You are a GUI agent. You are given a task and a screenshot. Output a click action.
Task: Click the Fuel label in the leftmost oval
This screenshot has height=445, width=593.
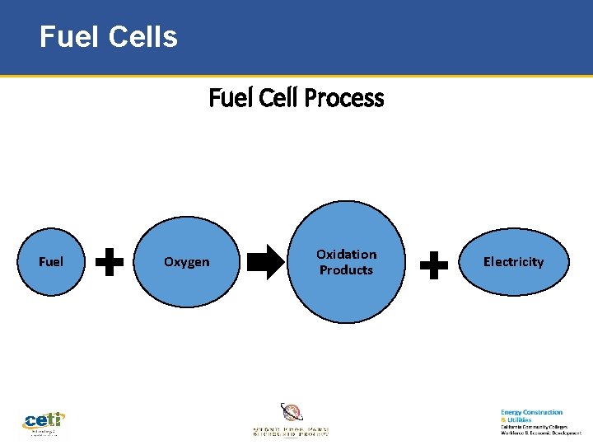tap(51, 262)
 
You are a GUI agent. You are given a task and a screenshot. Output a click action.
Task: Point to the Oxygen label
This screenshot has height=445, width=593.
tap(187, 262)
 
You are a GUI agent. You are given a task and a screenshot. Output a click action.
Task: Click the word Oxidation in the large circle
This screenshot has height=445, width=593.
tap(346, 254)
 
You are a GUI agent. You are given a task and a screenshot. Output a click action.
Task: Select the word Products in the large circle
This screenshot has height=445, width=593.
tap(346, 270)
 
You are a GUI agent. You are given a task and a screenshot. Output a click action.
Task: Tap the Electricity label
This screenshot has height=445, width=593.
tap(513, 262)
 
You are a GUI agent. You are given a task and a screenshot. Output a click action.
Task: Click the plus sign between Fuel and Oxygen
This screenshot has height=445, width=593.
tap(110, 263)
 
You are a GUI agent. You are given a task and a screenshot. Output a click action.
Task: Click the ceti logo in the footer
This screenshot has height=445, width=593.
tap(44, 420)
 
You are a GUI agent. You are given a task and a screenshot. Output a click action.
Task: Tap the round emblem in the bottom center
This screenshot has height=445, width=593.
tap(292, 412)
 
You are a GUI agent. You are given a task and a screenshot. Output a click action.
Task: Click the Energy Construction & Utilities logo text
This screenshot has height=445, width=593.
tap(531, 415)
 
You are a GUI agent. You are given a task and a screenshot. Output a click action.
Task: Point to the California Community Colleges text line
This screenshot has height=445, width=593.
tap(534, 426)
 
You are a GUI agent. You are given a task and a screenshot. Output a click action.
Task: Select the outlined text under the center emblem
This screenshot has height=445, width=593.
tap(291, 430)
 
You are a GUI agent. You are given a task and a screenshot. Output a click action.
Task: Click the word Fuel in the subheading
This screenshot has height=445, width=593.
tap(225, 98)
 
